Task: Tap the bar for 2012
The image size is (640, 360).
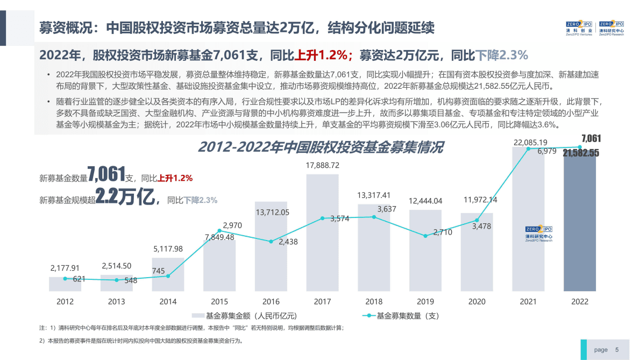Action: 65,284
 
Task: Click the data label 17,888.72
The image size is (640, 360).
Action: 322,165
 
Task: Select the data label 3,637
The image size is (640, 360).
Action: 387,209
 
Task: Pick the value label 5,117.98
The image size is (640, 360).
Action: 168,249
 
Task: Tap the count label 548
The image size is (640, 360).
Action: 131,280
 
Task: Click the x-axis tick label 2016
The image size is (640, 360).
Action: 271,301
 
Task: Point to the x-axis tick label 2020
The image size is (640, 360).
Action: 477,301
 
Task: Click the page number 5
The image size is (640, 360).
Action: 617,350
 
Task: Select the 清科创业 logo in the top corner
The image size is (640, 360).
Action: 579,27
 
